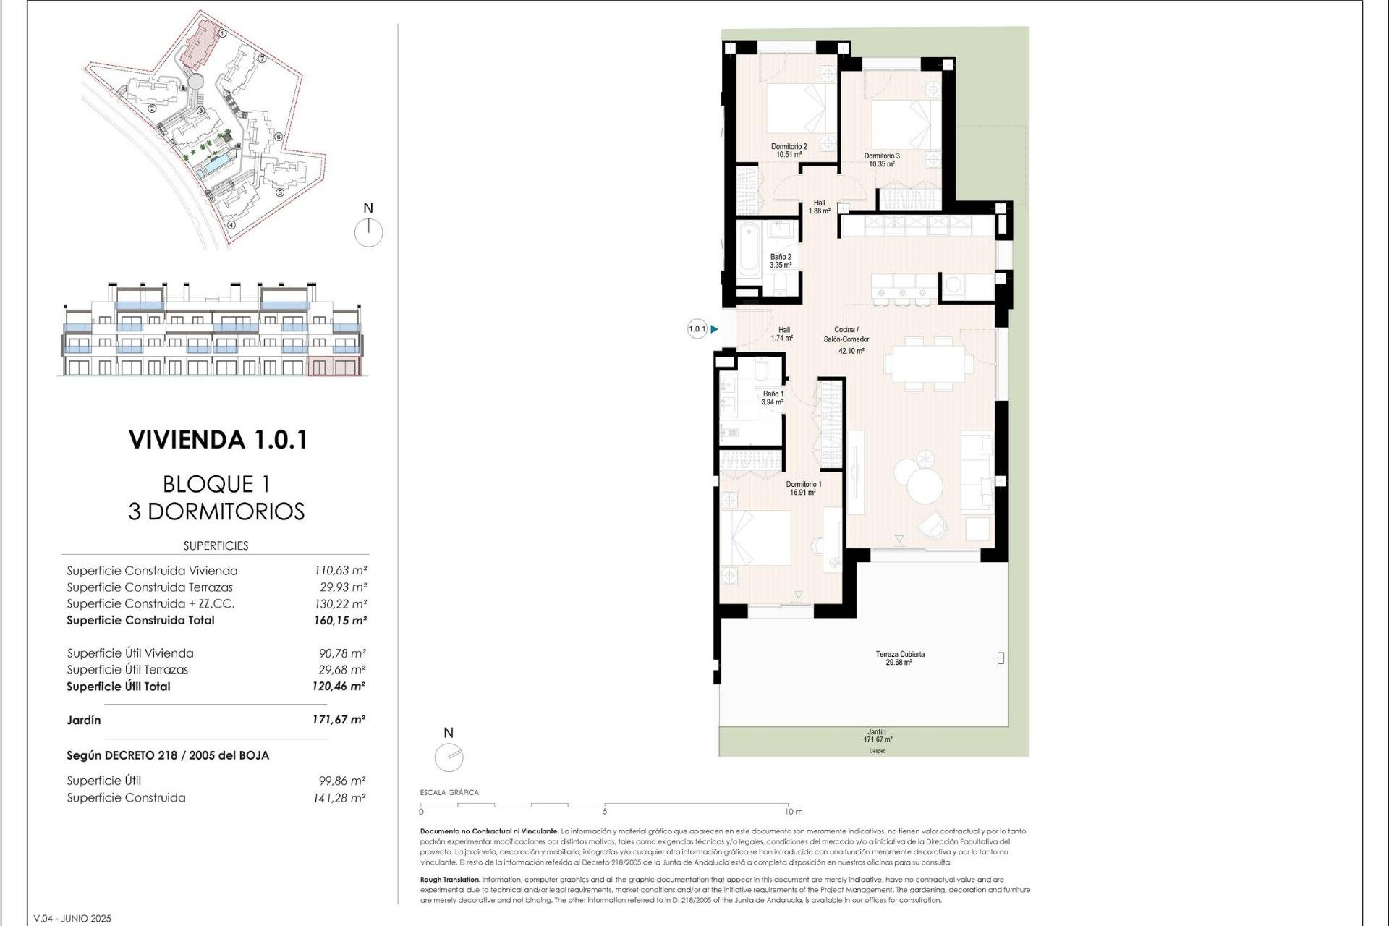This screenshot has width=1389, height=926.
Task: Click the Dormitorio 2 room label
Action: click(x=789, y=150)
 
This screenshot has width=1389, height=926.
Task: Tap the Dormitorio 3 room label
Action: click(x=882, y=160)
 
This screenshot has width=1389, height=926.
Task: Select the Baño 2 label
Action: click(x=781, y=261)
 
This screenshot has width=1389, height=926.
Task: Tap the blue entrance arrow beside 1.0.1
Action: click(x=715, y=329)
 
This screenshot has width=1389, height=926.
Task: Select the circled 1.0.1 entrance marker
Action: click(x=697, y=329)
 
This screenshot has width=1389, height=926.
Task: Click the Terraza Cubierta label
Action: click(x=899, y=658)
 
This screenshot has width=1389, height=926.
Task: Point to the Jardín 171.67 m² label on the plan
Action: click(x=877, y=736)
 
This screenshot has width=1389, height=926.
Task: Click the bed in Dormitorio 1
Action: click(x=756, y=538)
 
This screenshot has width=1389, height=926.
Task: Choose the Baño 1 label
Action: click(x=772, y=398)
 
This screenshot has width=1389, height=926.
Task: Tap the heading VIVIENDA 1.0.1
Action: click(x=218, y=440)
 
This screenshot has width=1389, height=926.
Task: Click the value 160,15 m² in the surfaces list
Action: click(x=340, y=620)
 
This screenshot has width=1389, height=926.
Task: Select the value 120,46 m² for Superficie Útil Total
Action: click(x=339, y=687)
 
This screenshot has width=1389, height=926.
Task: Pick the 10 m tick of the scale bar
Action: click(x=788, y=805)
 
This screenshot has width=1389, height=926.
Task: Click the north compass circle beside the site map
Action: click(x=369, y=233)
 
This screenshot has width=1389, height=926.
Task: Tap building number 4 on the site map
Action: click(x=231, y=225)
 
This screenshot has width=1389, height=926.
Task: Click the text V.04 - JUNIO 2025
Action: click(x=72, y=919)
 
